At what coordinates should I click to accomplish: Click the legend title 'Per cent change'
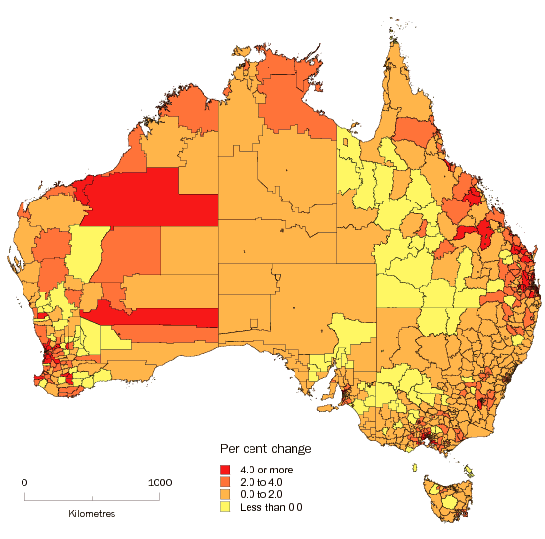coord(265,449)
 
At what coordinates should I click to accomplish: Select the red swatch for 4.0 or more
coord(225,469)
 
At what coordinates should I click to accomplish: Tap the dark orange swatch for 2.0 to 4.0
coord(225,481)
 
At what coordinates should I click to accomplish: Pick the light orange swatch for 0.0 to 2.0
coord(225,494)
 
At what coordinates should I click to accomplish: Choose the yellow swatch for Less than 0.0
coord(225,507)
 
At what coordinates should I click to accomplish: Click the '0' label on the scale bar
coord(24,482)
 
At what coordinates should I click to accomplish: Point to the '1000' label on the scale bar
coord(159,482)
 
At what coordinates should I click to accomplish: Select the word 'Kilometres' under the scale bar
coord(92,514)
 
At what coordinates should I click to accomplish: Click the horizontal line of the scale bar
coord(92,500)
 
